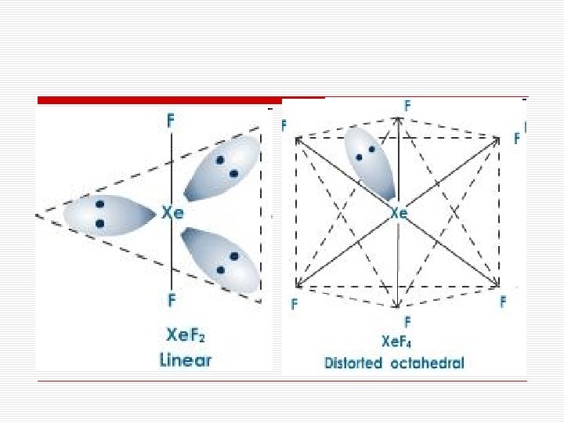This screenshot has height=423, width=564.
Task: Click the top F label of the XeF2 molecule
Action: pos(171,121)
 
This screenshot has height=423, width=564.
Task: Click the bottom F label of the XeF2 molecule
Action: pos(171,299)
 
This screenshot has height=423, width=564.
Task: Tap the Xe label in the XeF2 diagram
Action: pos(172,211)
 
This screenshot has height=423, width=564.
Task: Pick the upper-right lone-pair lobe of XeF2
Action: pos(222,167)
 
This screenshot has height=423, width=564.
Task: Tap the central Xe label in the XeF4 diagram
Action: pos(398,212)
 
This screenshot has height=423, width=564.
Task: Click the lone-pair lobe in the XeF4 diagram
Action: pos(370,161)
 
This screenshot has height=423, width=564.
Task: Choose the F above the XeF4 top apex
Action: pos(407,104)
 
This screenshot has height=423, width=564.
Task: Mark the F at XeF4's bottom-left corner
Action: pos(295,303)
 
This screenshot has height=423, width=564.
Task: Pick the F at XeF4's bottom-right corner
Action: pos(503,300)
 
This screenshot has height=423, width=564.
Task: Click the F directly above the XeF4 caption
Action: pos(407,321)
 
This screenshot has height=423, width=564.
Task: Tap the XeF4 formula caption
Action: pos(399,342)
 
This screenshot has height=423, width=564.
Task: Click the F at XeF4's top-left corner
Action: pos(284,125)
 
